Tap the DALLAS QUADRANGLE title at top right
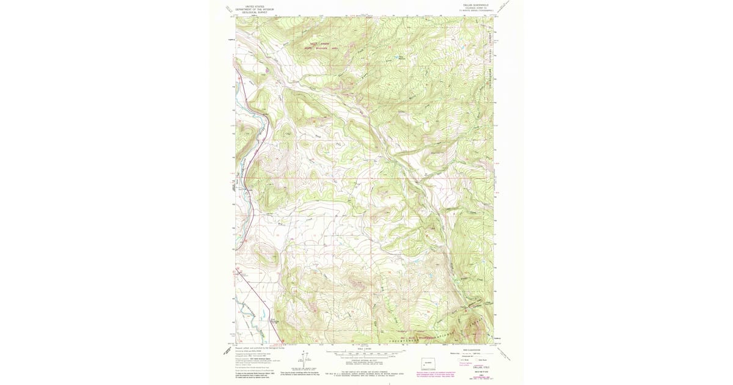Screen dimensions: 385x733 [476, 4]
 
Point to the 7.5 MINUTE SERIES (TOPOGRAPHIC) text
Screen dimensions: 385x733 [476, 10]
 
